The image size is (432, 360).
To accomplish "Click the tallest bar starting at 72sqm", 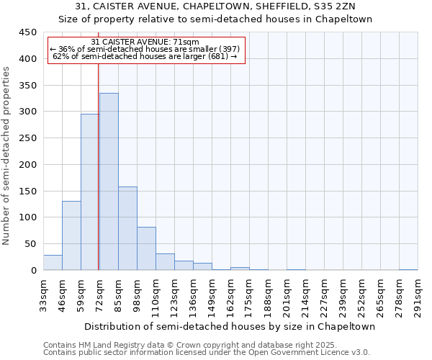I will tap(109, 181).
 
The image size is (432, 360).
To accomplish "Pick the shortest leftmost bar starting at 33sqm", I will tap(53, 263).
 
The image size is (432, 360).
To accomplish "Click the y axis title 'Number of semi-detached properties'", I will tap(7, 156).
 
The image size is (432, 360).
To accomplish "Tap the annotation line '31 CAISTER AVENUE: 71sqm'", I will tap(147, 42).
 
